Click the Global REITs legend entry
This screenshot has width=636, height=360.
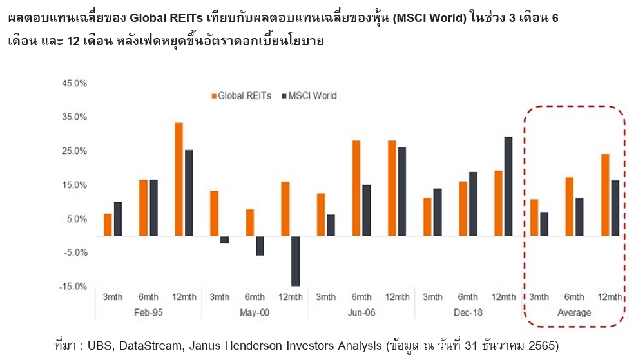240,95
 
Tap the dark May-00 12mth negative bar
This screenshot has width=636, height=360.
295,261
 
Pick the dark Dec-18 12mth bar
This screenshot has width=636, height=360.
508,186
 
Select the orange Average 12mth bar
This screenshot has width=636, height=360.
604,195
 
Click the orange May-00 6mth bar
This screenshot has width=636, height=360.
249,223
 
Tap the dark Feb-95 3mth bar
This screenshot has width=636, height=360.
117,219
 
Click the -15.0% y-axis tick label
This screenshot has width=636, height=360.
73,287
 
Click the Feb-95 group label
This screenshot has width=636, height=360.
148,312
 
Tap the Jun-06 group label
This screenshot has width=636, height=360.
361,312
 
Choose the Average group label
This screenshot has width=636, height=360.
573,312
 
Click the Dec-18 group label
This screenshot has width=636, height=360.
467,312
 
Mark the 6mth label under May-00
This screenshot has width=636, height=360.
255,297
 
